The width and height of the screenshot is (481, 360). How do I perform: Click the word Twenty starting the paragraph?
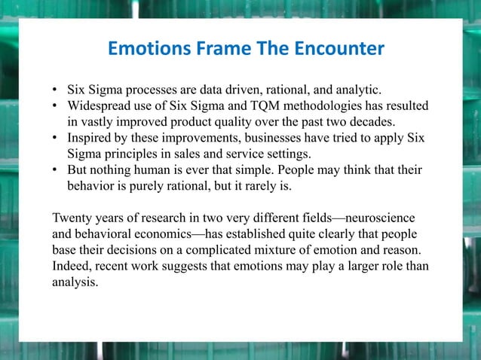tap(73, 218)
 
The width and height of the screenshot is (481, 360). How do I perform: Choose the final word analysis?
tap(75, 282)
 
